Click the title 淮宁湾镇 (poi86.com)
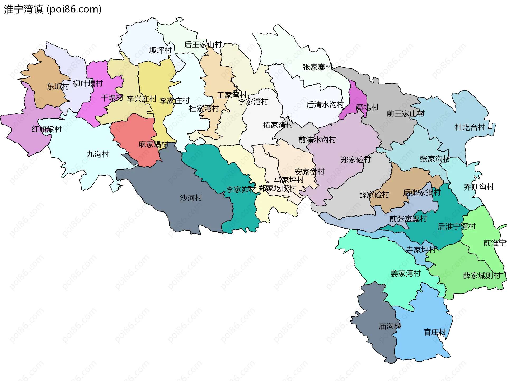click(53, 9)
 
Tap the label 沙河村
click(191, 198)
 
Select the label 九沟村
click(98, 154)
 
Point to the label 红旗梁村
click(47, 129)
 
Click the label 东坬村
click(58, 86)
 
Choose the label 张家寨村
click(318, 67)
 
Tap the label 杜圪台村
click(470, 127)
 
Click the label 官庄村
click(435, 332)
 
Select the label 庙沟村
click(390, 326)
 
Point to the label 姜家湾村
click(406, 273)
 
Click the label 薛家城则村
click(482, 276)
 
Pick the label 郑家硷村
click(356, 159)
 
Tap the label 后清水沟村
click(325, 105)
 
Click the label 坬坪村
click(160, 50)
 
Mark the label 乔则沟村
click(479, 187)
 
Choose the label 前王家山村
click(405, 113)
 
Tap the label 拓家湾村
click(278, 125)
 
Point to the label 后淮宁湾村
click(457, 226)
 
